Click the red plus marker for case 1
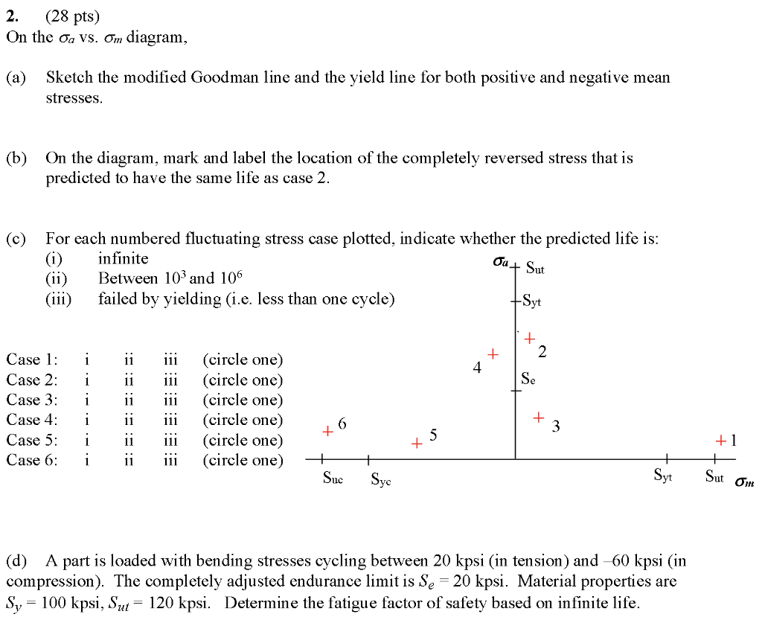pyautogui.click(x=721, y=441)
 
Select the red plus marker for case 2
pyautogui.click(x=529, y=339)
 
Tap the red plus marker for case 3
pyautogui.click(x=539, y=418)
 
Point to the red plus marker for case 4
pyautogui.click(x=492, y=353)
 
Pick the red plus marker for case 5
pyautogui.click(x=417, y=444)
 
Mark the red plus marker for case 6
pyautogui.click(x=327, y=431)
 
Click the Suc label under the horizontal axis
pyautogui.click(x=333, y=479)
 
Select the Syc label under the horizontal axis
pyautogui.click(x=381, y=479)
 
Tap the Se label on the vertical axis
pyautogui.click(x=528, y=377)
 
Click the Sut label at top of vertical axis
pyautogui.click(x=535, y=268)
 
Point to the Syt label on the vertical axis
pyautogui.click(x=531, y=301)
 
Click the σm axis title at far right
pyautogui.click(x=743, y=482)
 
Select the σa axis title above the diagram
pyautogui.click(x=501, y=262)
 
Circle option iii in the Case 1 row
pyautogui.click(x=170, y=359)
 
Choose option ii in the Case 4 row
pyautogui.click(x=129, y=420)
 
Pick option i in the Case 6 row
pyautogui.click(x=87, y=460)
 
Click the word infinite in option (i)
pyautogui.click(x=124, y=258)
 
